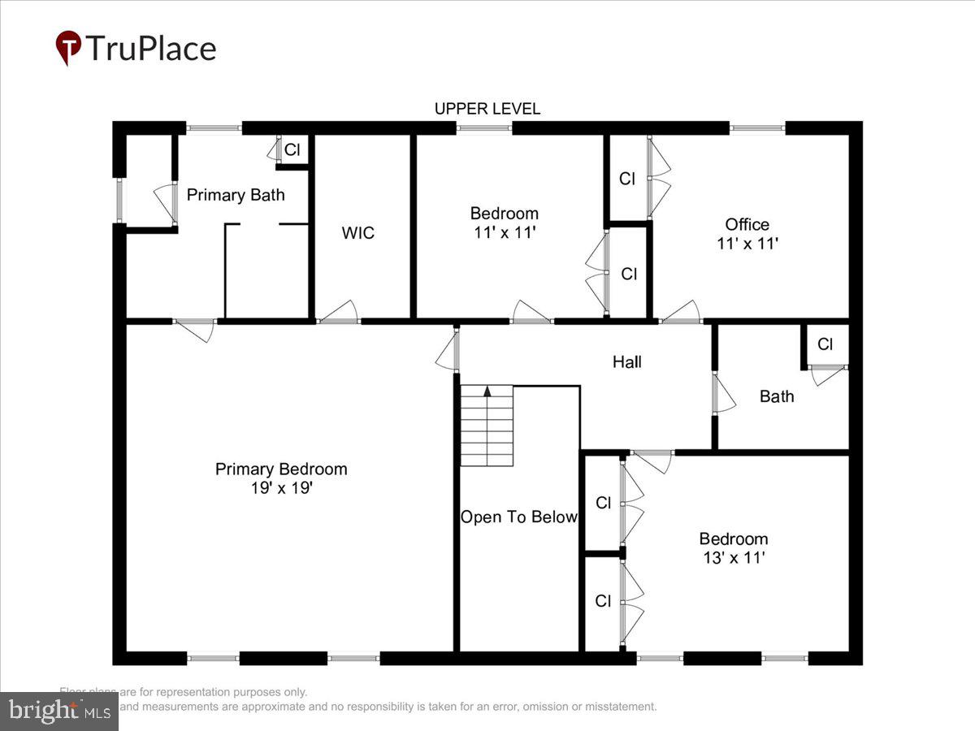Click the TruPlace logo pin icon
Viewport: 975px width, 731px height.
pyautogui.click(x=68, y=48)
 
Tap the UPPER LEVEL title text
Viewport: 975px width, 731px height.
pyautogui.click(x=487, y=109)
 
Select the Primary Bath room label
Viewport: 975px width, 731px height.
pyautogui.click(x=236, y=195)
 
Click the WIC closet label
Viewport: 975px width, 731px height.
pyautogui.click(x=358, y=233)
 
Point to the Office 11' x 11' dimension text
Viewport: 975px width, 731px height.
pyautogui.click(x=747, y=242)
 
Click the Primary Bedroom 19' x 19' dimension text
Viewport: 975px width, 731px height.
pyautogui.click(x=280, y=489)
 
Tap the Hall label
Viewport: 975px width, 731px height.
pyautogui.click(x=627, y=362)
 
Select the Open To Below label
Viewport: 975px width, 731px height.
pyautogui.click(x=519, y=517)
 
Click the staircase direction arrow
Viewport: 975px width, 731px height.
pyautogui.click(x=487, y=391)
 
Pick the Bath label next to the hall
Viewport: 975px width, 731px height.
pyautogui.click(x=777, y=396)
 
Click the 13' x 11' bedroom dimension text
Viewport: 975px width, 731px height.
pyautogui.click(x=733, y=558)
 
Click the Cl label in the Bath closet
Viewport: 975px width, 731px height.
pyautogui.click(x=825, y=344)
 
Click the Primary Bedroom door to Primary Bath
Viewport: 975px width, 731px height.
pyautogui.click(x=195, y=327)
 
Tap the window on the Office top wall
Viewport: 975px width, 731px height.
pyautogui.click(x=757, y=128)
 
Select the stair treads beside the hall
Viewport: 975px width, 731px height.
pyautogui.click(x=487, y=426)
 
